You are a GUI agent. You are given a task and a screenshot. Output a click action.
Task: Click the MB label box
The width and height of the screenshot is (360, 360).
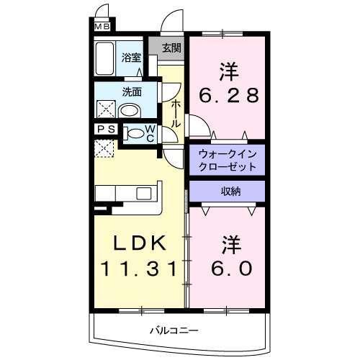(x=104, y=28)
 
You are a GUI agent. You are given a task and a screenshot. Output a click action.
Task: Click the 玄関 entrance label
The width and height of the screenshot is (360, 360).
(x=171, y=48)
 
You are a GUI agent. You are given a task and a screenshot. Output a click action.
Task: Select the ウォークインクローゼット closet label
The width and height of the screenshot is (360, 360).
(x=227, y=159)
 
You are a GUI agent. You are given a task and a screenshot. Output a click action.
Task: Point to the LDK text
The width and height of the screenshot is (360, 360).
(x=136, y=242)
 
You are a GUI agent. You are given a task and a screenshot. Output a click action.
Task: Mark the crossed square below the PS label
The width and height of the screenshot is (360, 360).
(x=103, y=149)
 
